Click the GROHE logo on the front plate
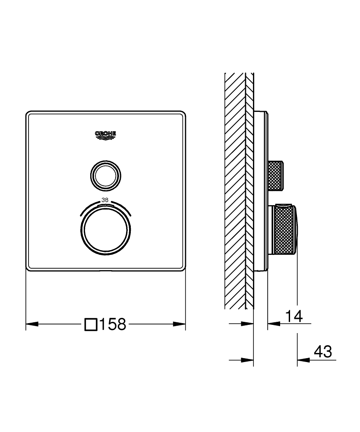pos(106,135)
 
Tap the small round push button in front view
pos(106,175)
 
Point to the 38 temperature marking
pos(105,200)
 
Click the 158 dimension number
pos(113,324)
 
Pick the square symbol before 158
pos(91,324)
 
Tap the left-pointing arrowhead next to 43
pos(303,359)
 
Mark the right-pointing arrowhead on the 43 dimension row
pos(247,359)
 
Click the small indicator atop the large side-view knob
pos(283,204)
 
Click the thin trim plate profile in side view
pos(261,190)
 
